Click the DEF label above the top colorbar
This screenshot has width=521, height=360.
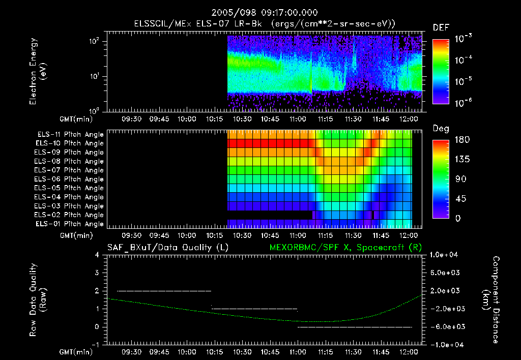(x=441, y=28)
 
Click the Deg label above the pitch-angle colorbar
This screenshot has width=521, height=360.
(x=441, y=129)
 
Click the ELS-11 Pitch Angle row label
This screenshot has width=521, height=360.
(x=70, y=134)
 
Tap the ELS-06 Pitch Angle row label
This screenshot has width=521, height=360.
(x=70, y=179)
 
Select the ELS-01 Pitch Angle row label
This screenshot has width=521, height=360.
(x=70, y=224)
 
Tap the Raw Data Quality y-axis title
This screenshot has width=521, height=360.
(x=38, y=299)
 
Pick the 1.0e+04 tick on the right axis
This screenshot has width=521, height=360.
(x=445, y=255)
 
